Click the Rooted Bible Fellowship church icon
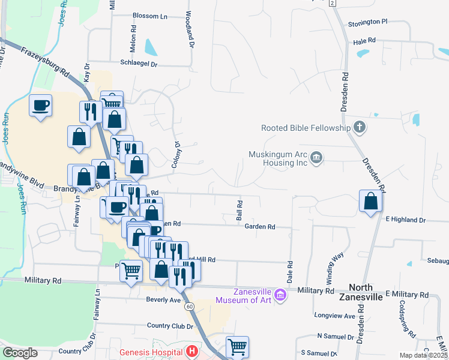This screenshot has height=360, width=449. click(x=359, y=127)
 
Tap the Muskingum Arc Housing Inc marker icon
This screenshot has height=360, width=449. click(x=317, y=158)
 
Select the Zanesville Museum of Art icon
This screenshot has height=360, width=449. click(x=280, y=295)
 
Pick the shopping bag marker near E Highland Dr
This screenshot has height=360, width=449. click(x=371, y=202)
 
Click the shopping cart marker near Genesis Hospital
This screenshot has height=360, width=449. click(x=237, y=347)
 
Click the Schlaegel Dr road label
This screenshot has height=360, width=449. click(x=139, y=63)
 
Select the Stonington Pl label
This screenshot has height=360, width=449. click(x=368, y=22)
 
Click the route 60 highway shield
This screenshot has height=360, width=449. click(x=190, y=307)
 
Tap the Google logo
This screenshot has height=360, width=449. click(x=20, y=353)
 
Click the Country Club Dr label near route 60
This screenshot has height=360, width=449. click(x=170, y=326)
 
